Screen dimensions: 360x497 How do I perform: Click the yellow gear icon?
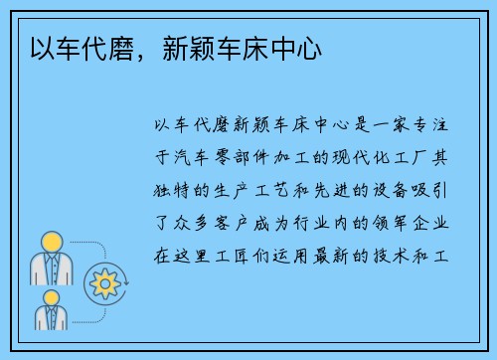[103, 283]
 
